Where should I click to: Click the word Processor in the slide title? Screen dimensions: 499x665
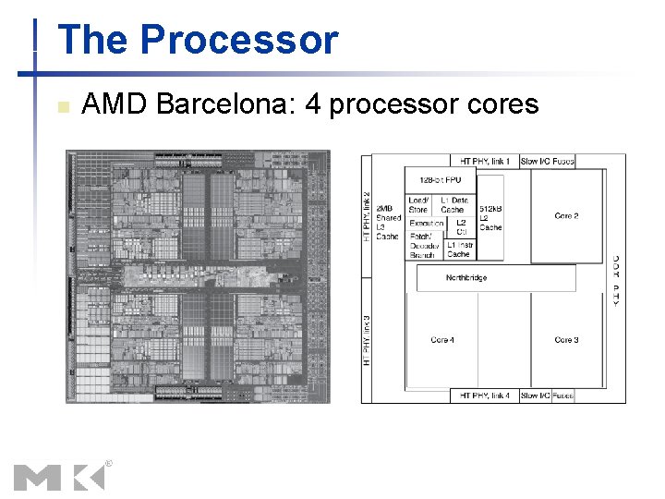click(x=239, y=41)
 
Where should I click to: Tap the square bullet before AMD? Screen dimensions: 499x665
click(x=63, y=106)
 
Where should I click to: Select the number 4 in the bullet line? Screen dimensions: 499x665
click(x=312, y=104)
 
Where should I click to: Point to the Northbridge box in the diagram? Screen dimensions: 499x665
click(x=466, y=278)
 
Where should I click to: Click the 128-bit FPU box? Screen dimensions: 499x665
click(x=440, y=180)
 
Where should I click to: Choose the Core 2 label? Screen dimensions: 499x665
click(x=566, y=216)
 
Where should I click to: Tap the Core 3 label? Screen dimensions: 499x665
click(x=566, y=340)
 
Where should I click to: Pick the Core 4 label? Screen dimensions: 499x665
click(x=442, y=340)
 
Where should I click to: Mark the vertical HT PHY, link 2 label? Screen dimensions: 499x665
click(x=367, y=214)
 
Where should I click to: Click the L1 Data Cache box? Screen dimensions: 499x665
click(x=453, y=205)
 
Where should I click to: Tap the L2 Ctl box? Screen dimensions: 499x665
click(x=461, y=226)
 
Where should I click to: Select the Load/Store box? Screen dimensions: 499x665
click(x=418, y=205)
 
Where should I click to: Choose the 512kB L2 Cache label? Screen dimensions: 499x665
click(x=490, y=218)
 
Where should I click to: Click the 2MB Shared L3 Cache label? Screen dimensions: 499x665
click(x=389, y=223)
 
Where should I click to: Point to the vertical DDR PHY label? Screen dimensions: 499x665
click(x=616, y=280)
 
